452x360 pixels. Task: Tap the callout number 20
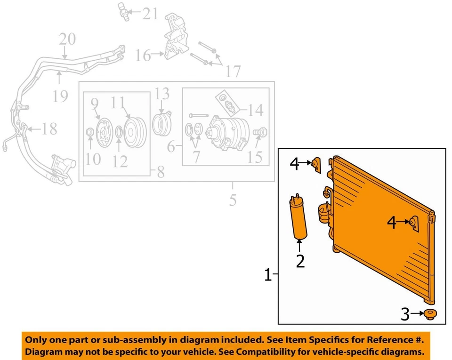click(x=67, y=39)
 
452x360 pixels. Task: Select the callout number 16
click(x=143, y=56)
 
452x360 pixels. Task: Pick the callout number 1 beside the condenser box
click(x=268, y=274)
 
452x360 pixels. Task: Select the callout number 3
click(x=405, y=314)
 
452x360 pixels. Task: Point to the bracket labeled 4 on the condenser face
click(x=414, y=223)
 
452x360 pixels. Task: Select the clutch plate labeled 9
click(x=101, y=130)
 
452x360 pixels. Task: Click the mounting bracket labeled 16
click(x=174, y=40)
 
